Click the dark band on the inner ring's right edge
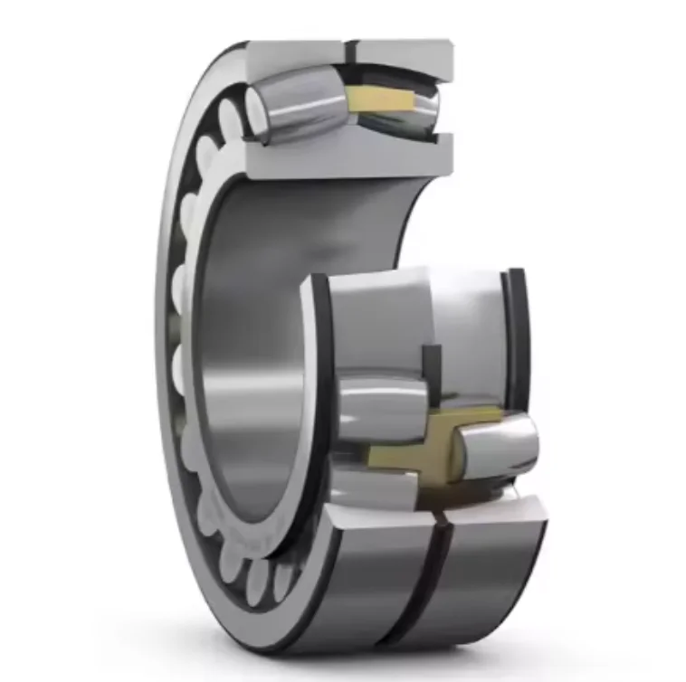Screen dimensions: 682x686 [517, 335]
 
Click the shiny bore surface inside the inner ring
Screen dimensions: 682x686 [244, 362]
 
